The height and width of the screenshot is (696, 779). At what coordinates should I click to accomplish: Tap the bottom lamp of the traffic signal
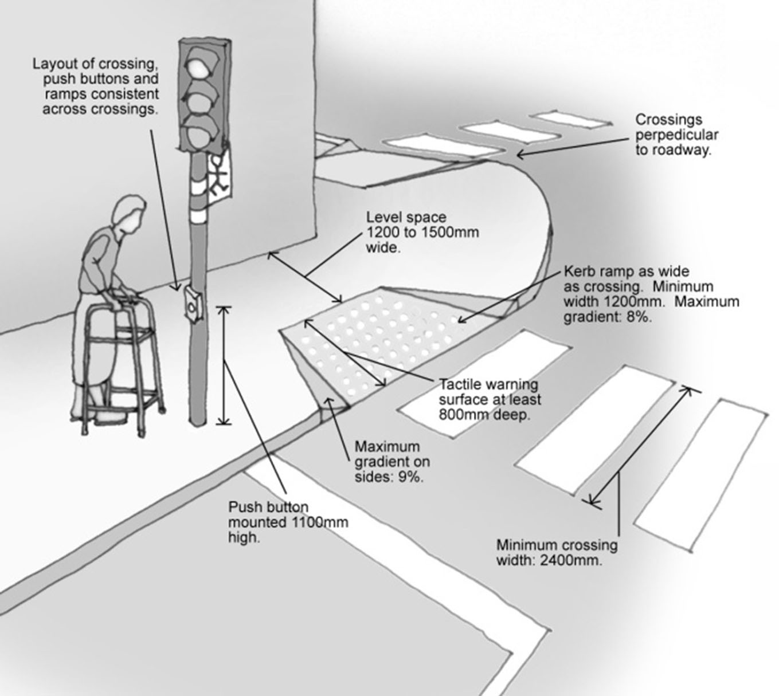[x=201, y=133]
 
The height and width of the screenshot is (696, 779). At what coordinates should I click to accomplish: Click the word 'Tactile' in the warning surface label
[x=463, y=384]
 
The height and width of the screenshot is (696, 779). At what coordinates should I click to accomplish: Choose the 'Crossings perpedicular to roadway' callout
[x=676, y=135]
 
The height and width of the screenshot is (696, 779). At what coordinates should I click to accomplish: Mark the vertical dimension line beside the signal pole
[x=224, y=365]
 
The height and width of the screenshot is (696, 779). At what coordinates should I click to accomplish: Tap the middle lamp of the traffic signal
[x=201, y=99]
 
